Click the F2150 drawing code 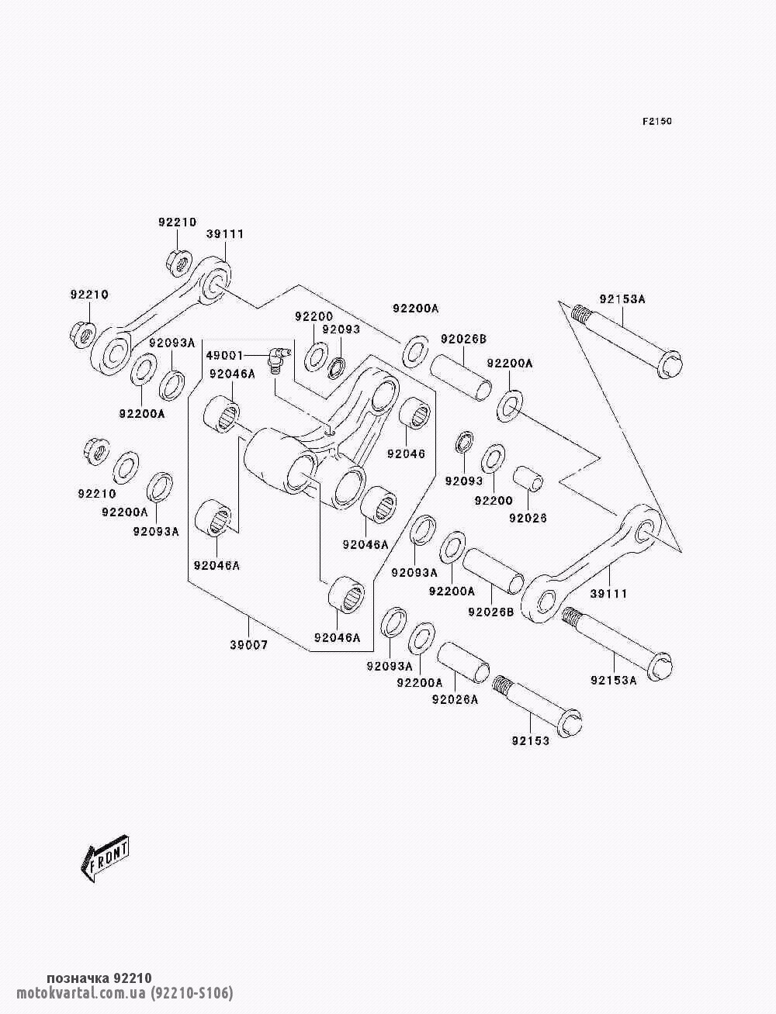pyautogui.click(x=656, y=122)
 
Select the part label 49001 pyautogui.click(x=224, y=355)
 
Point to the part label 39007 pyautogui.click(x=249, y=645)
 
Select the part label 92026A pyautogui.click(x=455, y=700)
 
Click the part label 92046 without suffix pyautogui.click(x=406, y=454)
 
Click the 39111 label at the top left pyautogui.click(x=225, y=234)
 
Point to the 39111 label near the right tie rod pyautogui.click(x=608, y=594)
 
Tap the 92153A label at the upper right pyautogui.click(x=622, y=299)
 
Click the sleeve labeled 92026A pyautogui.click(x=464, y=664)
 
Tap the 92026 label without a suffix pyautogui.click(x=528, y=519)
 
